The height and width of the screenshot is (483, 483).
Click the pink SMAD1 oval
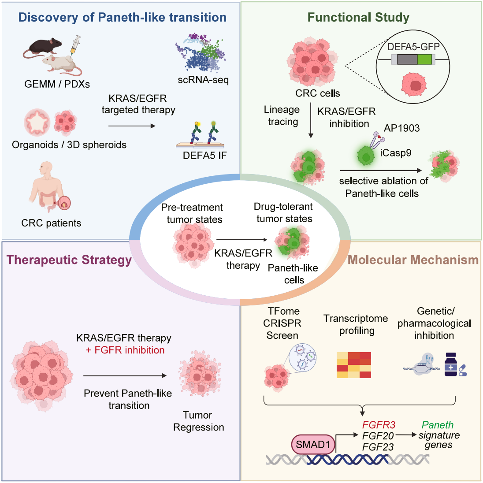coord(313,445)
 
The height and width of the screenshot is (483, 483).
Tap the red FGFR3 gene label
coord(379,425)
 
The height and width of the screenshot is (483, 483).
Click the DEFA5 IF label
coord(204,155)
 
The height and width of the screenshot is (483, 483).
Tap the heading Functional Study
coord(358,18)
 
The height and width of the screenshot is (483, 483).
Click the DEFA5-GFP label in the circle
coord(413,47)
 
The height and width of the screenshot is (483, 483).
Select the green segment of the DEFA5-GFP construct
coord(424,59)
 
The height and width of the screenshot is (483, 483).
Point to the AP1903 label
coord(401,128)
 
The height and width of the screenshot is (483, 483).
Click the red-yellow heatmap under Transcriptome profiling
coord(353,365)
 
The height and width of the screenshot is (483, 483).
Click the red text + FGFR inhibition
coord(125,350)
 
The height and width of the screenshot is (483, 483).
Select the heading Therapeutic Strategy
coord(69,260)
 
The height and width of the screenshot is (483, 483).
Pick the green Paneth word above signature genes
coord(437,425)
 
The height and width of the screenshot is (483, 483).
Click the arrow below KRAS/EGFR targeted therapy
coord(132,126)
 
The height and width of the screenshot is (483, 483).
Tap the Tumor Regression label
coord(198,421)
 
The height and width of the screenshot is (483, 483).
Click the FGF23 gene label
coord(378,447)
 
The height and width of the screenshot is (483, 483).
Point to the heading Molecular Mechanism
coord(413,260)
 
